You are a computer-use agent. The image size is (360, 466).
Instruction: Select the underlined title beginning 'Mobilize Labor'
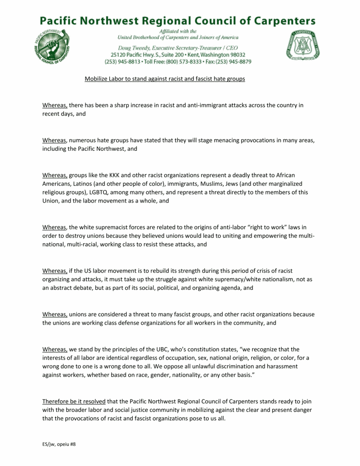(x=165, y=79)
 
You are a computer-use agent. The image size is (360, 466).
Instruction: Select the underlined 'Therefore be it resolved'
(x=74, y=401)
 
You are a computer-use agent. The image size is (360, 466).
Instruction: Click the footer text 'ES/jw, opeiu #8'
(x=56, y=444)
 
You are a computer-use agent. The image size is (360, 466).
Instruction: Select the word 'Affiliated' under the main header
(x=173, y=31)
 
